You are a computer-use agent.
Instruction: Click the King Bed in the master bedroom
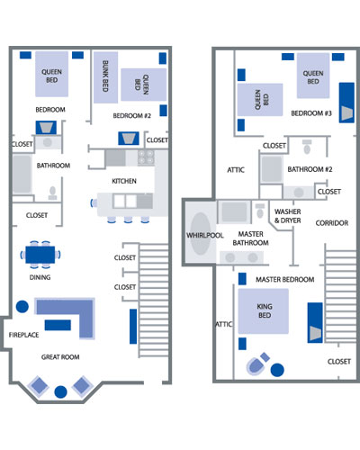coord(264,311)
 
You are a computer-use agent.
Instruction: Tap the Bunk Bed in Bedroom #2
coord(105,77)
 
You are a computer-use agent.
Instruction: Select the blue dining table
coord(40,255)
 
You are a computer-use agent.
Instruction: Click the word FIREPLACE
coord(23,335)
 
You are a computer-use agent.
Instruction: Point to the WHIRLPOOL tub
coord(201,234)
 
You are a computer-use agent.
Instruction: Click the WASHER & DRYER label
coord(287,216)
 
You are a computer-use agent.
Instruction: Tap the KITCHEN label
coord(124,181)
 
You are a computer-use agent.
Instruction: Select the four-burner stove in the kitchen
coord(146,157)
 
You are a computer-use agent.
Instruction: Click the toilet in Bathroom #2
coord(307,147)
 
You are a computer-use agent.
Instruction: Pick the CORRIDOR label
coord(332,223)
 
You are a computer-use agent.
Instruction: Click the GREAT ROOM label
coord(60,357)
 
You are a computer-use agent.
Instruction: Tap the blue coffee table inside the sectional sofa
coord(58,325)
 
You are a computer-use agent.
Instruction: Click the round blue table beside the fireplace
coord(22,307)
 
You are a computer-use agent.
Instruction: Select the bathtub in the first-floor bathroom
coord(22,174)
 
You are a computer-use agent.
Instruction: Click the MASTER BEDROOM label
coord(284,280)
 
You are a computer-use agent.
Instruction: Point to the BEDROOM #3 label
coord(311,113)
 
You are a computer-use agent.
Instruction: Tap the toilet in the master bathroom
coord(260,211)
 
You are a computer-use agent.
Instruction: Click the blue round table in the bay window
coord(60,391)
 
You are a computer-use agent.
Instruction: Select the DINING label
coord(40,277)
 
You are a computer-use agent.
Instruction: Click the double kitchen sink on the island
coord(125,201)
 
